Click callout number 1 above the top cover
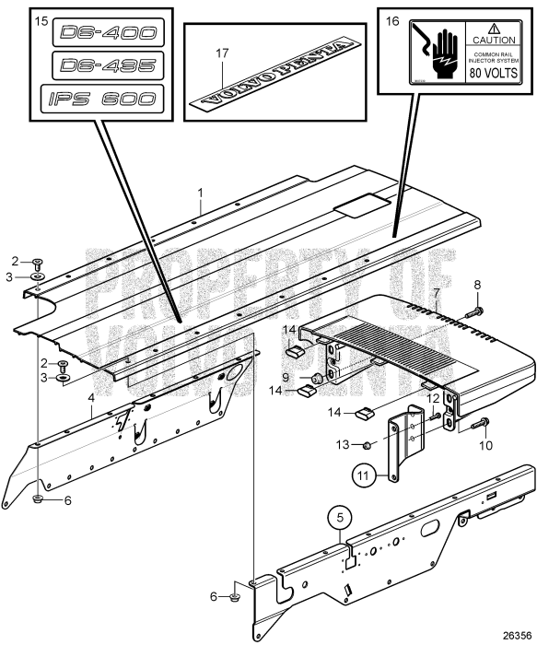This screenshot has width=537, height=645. tap(199, 193)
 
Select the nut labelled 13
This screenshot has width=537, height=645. tap(365, 445)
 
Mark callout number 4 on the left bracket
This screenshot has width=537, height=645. tap(91, 399)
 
